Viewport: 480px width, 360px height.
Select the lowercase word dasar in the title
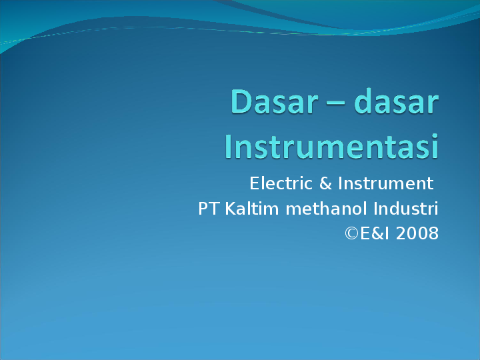(x=395, y=103)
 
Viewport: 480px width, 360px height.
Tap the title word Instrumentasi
(x=331, y=146)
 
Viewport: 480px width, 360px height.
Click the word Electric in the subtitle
(x=276, y=183)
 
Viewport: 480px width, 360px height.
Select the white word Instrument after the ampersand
(x=385, y=183)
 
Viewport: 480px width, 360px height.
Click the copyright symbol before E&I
(x=351, y=234)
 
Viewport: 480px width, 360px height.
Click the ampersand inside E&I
(x=376, y=234)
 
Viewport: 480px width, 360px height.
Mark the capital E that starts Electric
(x=254, y=183)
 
